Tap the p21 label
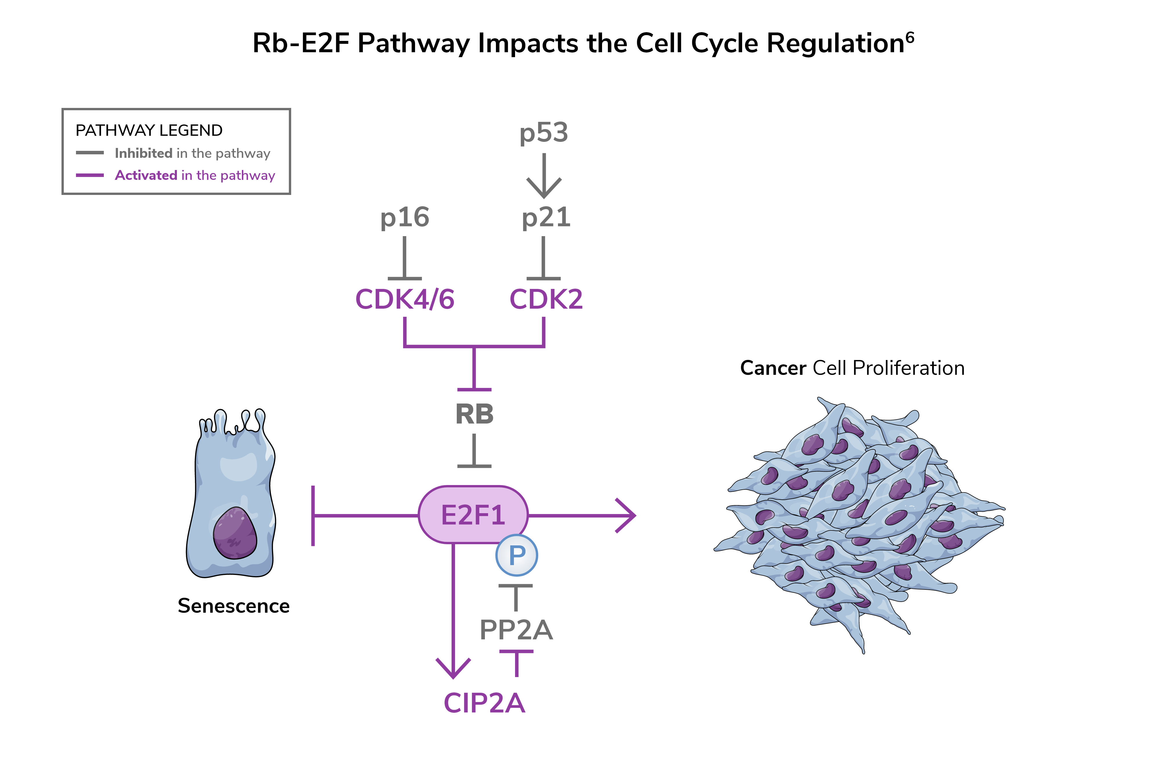tap(546, 217)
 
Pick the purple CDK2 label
tap(546, 299)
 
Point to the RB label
tap(474, 415)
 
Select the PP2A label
tap(516, 630)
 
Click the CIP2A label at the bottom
tap(484, 703)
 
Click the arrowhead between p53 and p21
tap(544, 189)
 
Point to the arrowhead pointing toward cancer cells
tap(628, 515)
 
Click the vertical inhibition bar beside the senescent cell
tap(313, 515)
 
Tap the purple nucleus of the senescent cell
tap(235, 533)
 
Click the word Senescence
tap(233, 606)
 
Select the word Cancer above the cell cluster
tap(773, 368)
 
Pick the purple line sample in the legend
tap(90, 175)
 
